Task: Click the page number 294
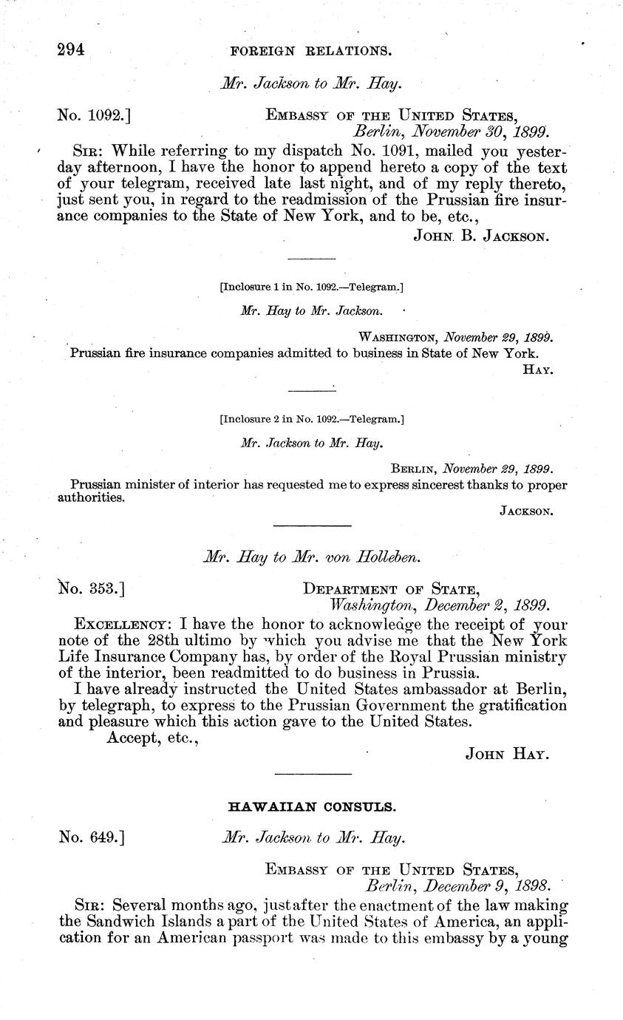pyautogui.click(x=72, y=50)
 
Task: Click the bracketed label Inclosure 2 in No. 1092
pyautogui.click(x=311, y=420)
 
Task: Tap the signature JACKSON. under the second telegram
pyautogui.click(x=526, y=511)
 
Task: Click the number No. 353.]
pyautogui.click(x=90, y=589)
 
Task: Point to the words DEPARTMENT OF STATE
pyautogui.click(x=392, y=589)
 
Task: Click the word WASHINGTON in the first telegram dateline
pyautogui.click(x=398, y=336)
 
